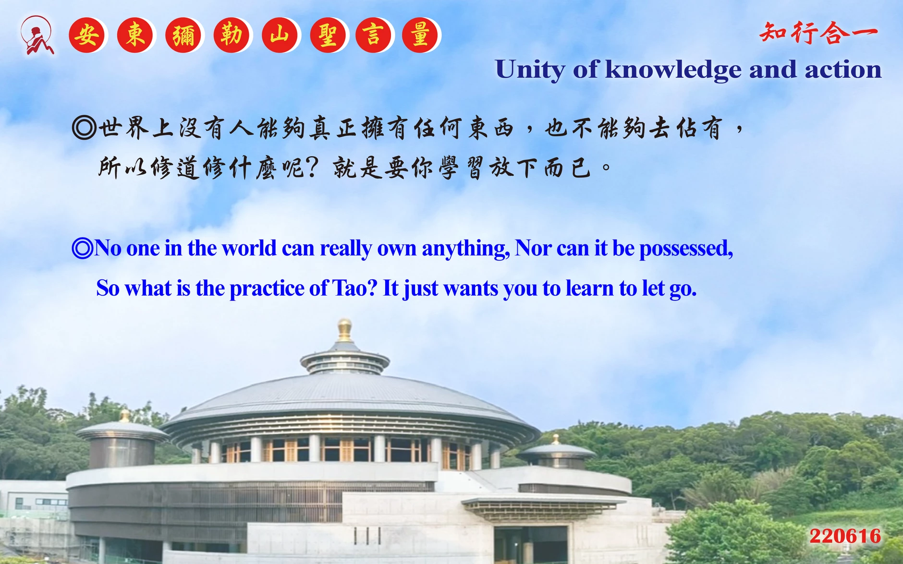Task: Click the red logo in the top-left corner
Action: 37,36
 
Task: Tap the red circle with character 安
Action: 87,35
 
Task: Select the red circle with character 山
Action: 280,35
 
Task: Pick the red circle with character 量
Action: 420,35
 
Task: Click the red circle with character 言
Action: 373,35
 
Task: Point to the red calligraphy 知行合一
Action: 818,33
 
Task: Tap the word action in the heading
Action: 843,70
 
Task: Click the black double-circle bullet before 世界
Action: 85,128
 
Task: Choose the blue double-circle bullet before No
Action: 82,248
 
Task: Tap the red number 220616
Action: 845,536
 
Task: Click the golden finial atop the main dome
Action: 344,330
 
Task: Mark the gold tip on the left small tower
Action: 125,416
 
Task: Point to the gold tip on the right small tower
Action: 556,439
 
